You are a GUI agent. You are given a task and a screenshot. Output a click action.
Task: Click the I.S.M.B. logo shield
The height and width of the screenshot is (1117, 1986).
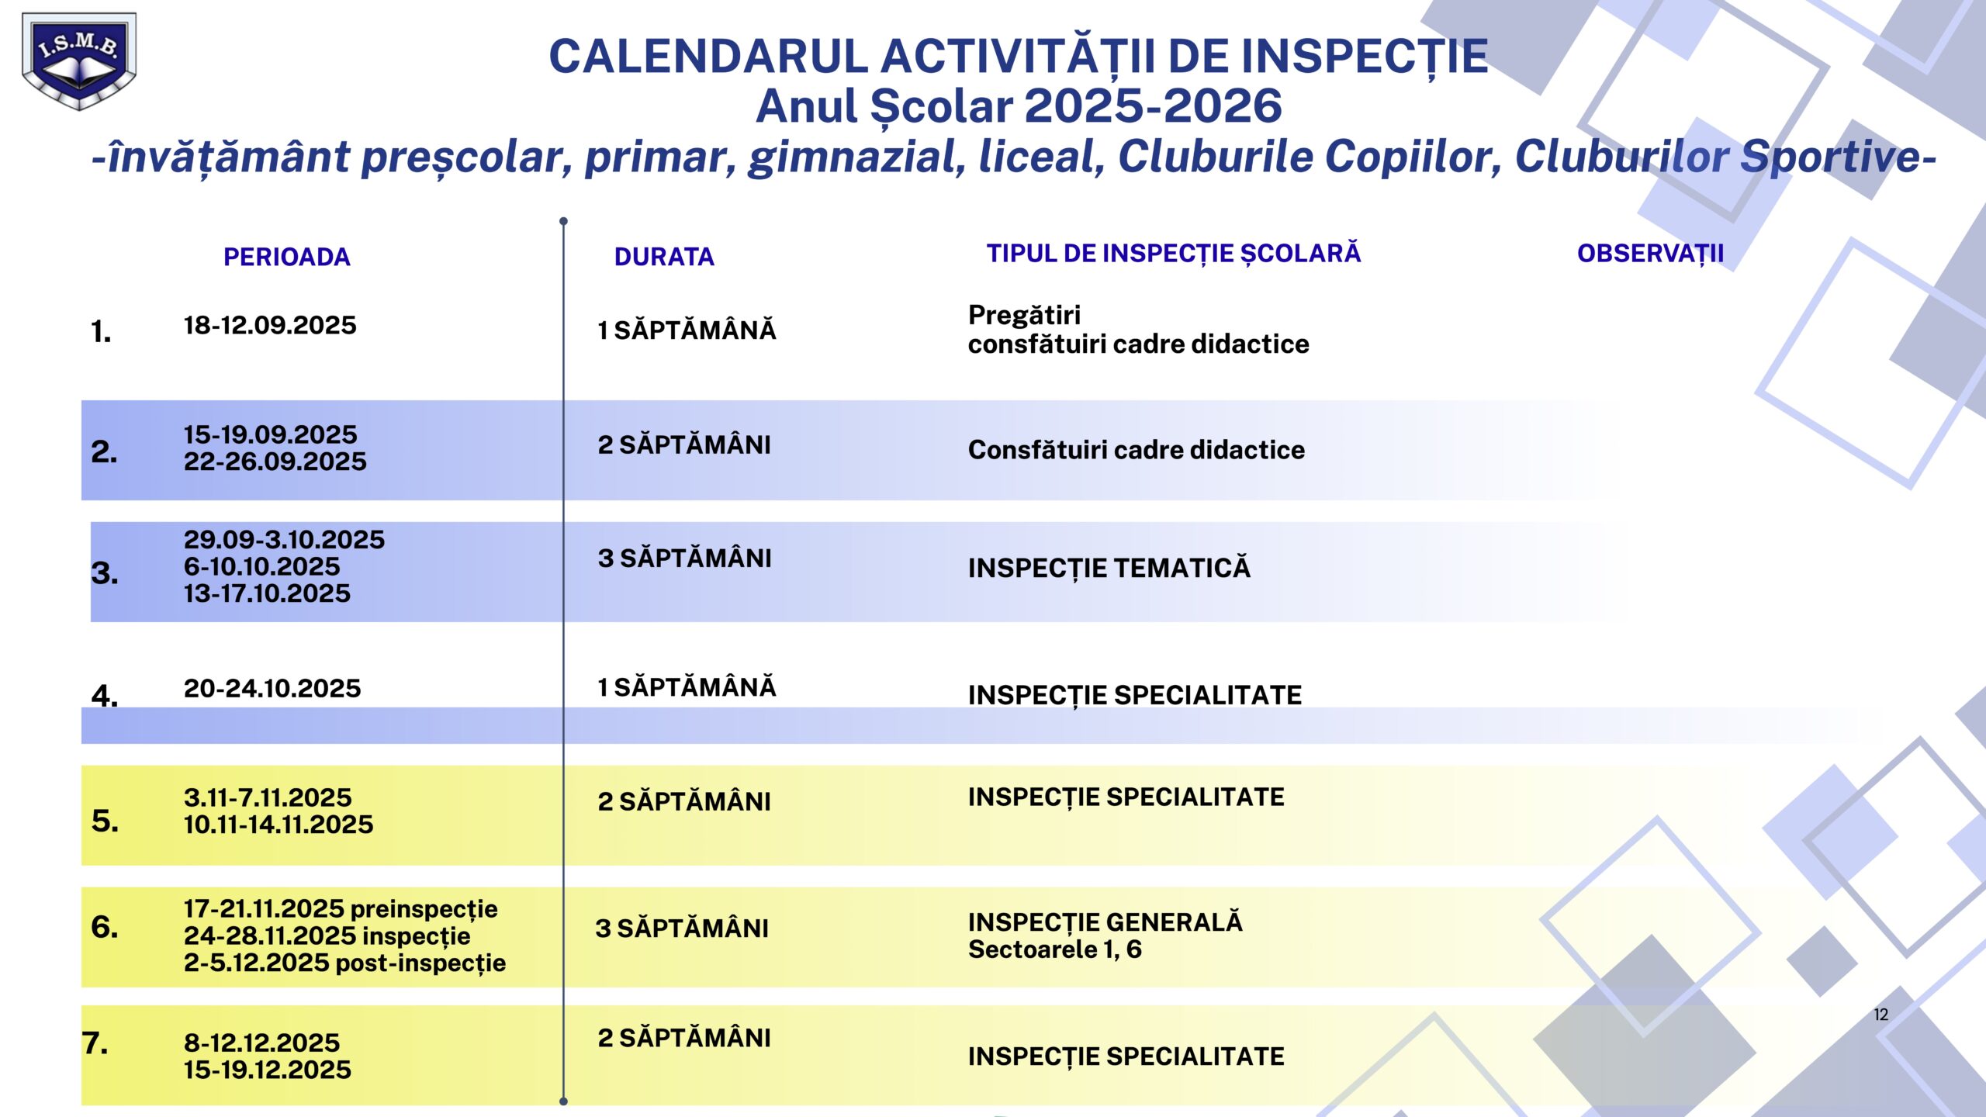click(78, 61)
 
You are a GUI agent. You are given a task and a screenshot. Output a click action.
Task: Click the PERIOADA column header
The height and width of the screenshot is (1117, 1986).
click(286, 257)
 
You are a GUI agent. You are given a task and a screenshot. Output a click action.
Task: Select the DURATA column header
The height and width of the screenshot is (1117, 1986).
click(664, 257)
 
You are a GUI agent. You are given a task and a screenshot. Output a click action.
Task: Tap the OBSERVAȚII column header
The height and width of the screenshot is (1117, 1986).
click(1650, 254)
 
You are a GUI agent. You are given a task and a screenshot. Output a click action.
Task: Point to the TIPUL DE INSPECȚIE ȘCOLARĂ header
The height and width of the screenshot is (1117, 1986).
click(1173, 254)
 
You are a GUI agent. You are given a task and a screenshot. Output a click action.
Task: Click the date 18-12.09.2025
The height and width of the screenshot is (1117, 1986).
click(270, 326)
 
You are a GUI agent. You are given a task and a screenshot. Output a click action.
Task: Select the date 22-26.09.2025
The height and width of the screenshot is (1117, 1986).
click(275, 462)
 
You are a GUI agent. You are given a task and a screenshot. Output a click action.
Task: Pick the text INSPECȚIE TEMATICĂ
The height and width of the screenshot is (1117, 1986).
click(1109, 569)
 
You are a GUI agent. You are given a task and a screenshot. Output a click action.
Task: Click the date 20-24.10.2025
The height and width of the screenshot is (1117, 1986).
click(272, 689)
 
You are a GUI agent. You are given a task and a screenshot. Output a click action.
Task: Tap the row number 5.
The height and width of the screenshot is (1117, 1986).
click(105, 821)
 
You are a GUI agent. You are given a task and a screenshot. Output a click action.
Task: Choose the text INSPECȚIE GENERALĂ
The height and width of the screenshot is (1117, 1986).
click(1105, 922)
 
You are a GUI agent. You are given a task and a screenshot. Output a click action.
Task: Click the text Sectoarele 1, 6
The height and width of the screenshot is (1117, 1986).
click(1054, 949)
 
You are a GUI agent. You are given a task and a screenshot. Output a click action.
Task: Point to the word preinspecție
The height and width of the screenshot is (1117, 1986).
click(424, 909)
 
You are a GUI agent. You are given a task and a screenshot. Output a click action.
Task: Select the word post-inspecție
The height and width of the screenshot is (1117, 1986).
click(420, 963)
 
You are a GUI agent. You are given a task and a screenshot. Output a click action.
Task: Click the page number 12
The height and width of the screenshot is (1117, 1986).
click(1880, 1015)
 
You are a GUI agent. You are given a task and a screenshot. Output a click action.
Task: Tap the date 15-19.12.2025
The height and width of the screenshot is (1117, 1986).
click(267, 1070)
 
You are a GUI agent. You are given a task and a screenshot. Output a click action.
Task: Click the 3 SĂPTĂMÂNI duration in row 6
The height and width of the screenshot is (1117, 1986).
click(681, 929)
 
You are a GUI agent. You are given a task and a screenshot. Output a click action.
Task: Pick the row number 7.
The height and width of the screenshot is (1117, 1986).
click(95, 1043)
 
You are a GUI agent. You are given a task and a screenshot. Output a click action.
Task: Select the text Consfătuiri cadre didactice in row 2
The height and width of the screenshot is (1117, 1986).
click(1136, 450)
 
